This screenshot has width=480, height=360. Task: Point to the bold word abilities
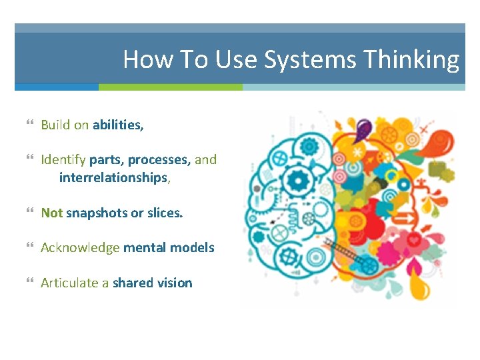coord(118,125)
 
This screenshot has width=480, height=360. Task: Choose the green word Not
coord(51,213)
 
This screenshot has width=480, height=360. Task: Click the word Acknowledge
coord(80,247)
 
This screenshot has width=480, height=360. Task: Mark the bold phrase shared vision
coord(152,283)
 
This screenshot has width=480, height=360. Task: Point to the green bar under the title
coord(170,87)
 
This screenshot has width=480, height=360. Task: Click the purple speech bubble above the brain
coord(363,127)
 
